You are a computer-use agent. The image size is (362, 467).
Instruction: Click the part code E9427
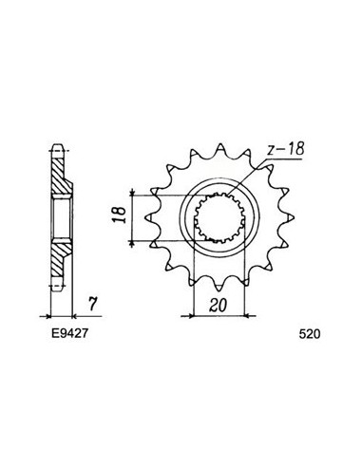coord(60,335)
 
